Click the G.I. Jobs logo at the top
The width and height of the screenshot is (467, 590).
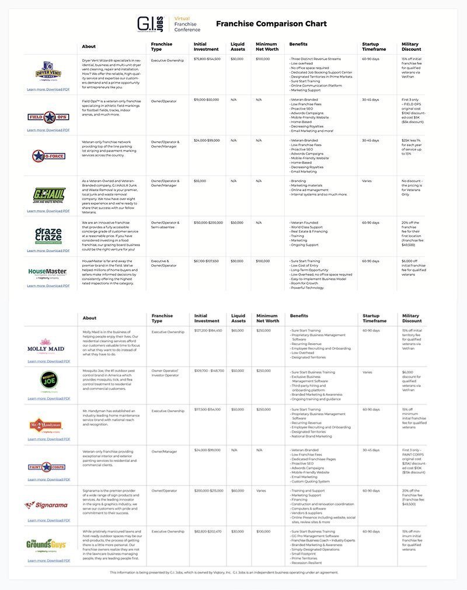coord(150,23)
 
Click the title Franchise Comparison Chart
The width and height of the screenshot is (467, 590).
coord(271,24)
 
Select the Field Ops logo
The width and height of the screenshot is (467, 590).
coord(48,117)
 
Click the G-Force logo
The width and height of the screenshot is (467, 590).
coord(48,155)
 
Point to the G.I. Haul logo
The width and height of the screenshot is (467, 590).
coord(48,196)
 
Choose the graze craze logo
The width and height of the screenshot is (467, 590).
coord(48,236)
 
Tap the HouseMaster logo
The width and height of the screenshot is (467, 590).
coord(48,272)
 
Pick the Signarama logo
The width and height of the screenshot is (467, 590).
coord(47,505)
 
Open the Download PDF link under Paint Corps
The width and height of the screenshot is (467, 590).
coord(48,480)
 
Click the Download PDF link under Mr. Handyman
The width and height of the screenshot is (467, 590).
coord(48,439)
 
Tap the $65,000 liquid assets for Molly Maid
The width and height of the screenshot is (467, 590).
coord(238,331)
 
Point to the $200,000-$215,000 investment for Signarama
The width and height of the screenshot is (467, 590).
coord(208,491)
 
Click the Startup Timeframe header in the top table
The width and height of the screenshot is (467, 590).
coord(374,47)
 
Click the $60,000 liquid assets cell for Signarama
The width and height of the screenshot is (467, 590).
coord(238,491)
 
